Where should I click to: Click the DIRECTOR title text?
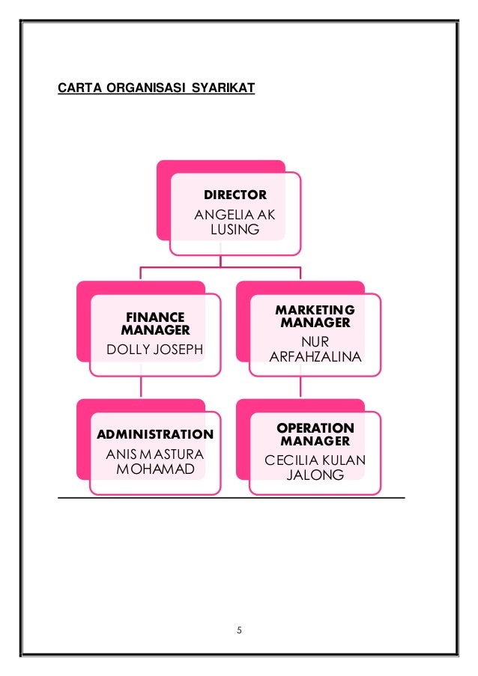click(x=235, y=195)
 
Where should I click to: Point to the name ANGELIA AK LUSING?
click(x=235, y=222)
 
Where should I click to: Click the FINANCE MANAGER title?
click(x=154, y=323)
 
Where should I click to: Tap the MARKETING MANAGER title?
click(x=315, y=316)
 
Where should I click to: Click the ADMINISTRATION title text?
click(x=155, y=434)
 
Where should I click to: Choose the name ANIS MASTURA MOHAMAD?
click(x=155, y=461)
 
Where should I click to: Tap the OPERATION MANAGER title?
click(x=315, y=434)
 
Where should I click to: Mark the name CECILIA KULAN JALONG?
click(x=315, y=468)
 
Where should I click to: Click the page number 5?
click(x=239, y=630)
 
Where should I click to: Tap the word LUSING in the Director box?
click(x=235, y=230)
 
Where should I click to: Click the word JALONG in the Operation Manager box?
click(x=315, y=475)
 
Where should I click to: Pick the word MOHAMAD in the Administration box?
click(x=155, y=469)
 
